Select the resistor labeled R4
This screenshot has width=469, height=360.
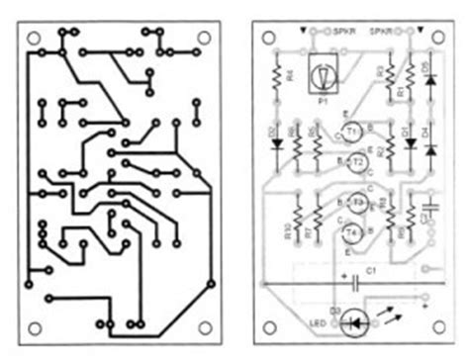point(276,74)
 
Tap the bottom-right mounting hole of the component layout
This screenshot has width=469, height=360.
point(432,321)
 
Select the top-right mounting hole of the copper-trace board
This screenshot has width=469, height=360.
point(202,37)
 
